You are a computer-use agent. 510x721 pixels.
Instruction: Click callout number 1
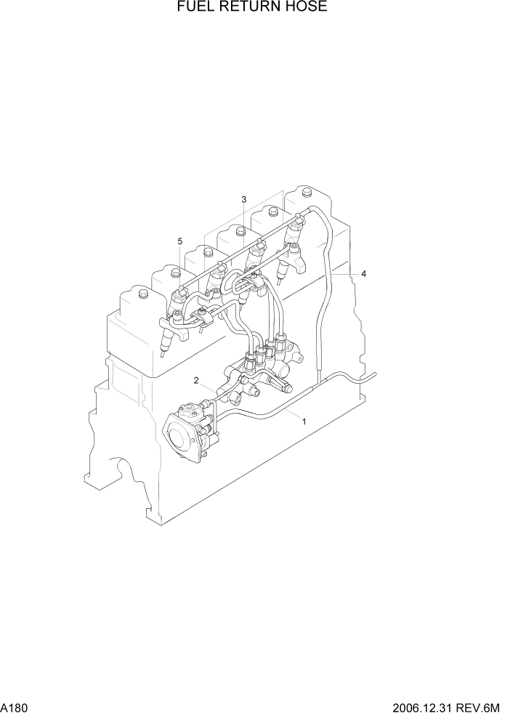[x=304, y=421]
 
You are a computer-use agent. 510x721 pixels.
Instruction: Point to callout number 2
[x=196, y=380]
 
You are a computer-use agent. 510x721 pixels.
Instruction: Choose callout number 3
[x=244, y=199]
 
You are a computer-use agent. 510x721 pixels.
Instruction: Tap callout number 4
[x=364, y=274]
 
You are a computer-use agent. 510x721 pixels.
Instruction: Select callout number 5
[x=179, y=241]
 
